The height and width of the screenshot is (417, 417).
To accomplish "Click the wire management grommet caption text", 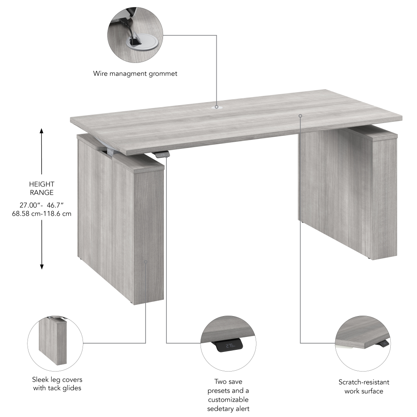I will click(x=135, y=74).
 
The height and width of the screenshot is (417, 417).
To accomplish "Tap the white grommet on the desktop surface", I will click(x=217, y=107).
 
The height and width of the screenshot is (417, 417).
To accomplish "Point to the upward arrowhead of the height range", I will click(x=42, y=131).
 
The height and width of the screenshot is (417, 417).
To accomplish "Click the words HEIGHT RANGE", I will click(x=42, y=188).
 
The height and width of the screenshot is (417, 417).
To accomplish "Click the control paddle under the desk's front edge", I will click(x=162, y=155).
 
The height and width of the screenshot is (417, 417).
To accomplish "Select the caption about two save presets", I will click(x=229, y=395).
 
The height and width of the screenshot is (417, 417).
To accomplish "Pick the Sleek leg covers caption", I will click(x=57, y=384).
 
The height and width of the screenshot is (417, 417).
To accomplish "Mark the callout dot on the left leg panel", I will click(x=146, y=262).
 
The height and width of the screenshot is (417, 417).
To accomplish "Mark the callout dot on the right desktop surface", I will click(x=300, y=116).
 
